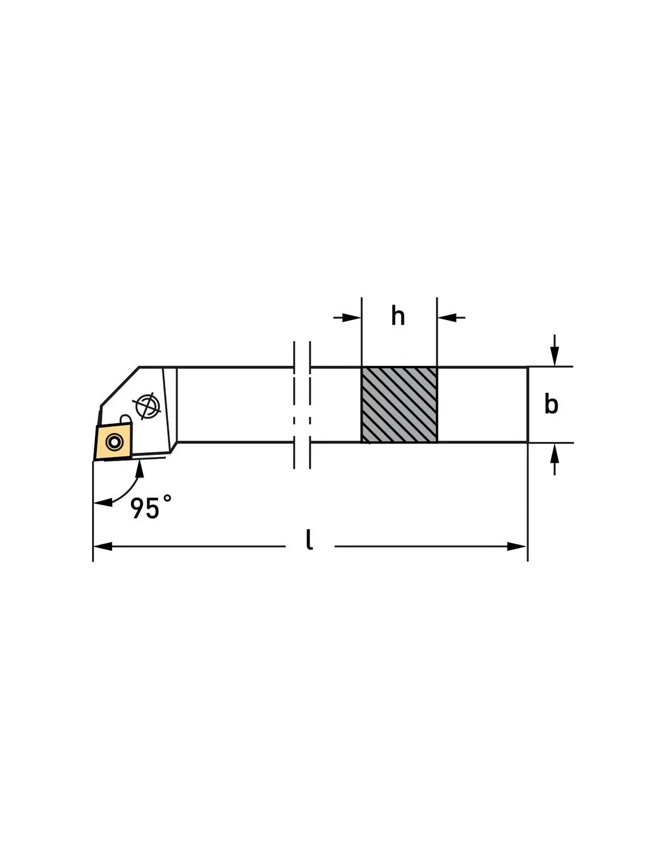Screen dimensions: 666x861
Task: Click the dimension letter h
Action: pos(398,317)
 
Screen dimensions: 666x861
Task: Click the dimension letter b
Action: pos(551,404)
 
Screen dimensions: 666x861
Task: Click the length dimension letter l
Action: pos(309,540)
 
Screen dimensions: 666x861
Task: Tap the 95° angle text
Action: pos(151,507)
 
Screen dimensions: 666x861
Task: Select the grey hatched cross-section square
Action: pos(399,404)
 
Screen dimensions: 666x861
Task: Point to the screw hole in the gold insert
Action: pos(114,442)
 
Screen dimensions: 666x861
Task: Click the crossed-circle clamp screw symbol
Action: pos(146,406)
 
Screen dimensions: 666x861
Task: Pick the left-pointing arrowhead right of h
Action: pos(446,317)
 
